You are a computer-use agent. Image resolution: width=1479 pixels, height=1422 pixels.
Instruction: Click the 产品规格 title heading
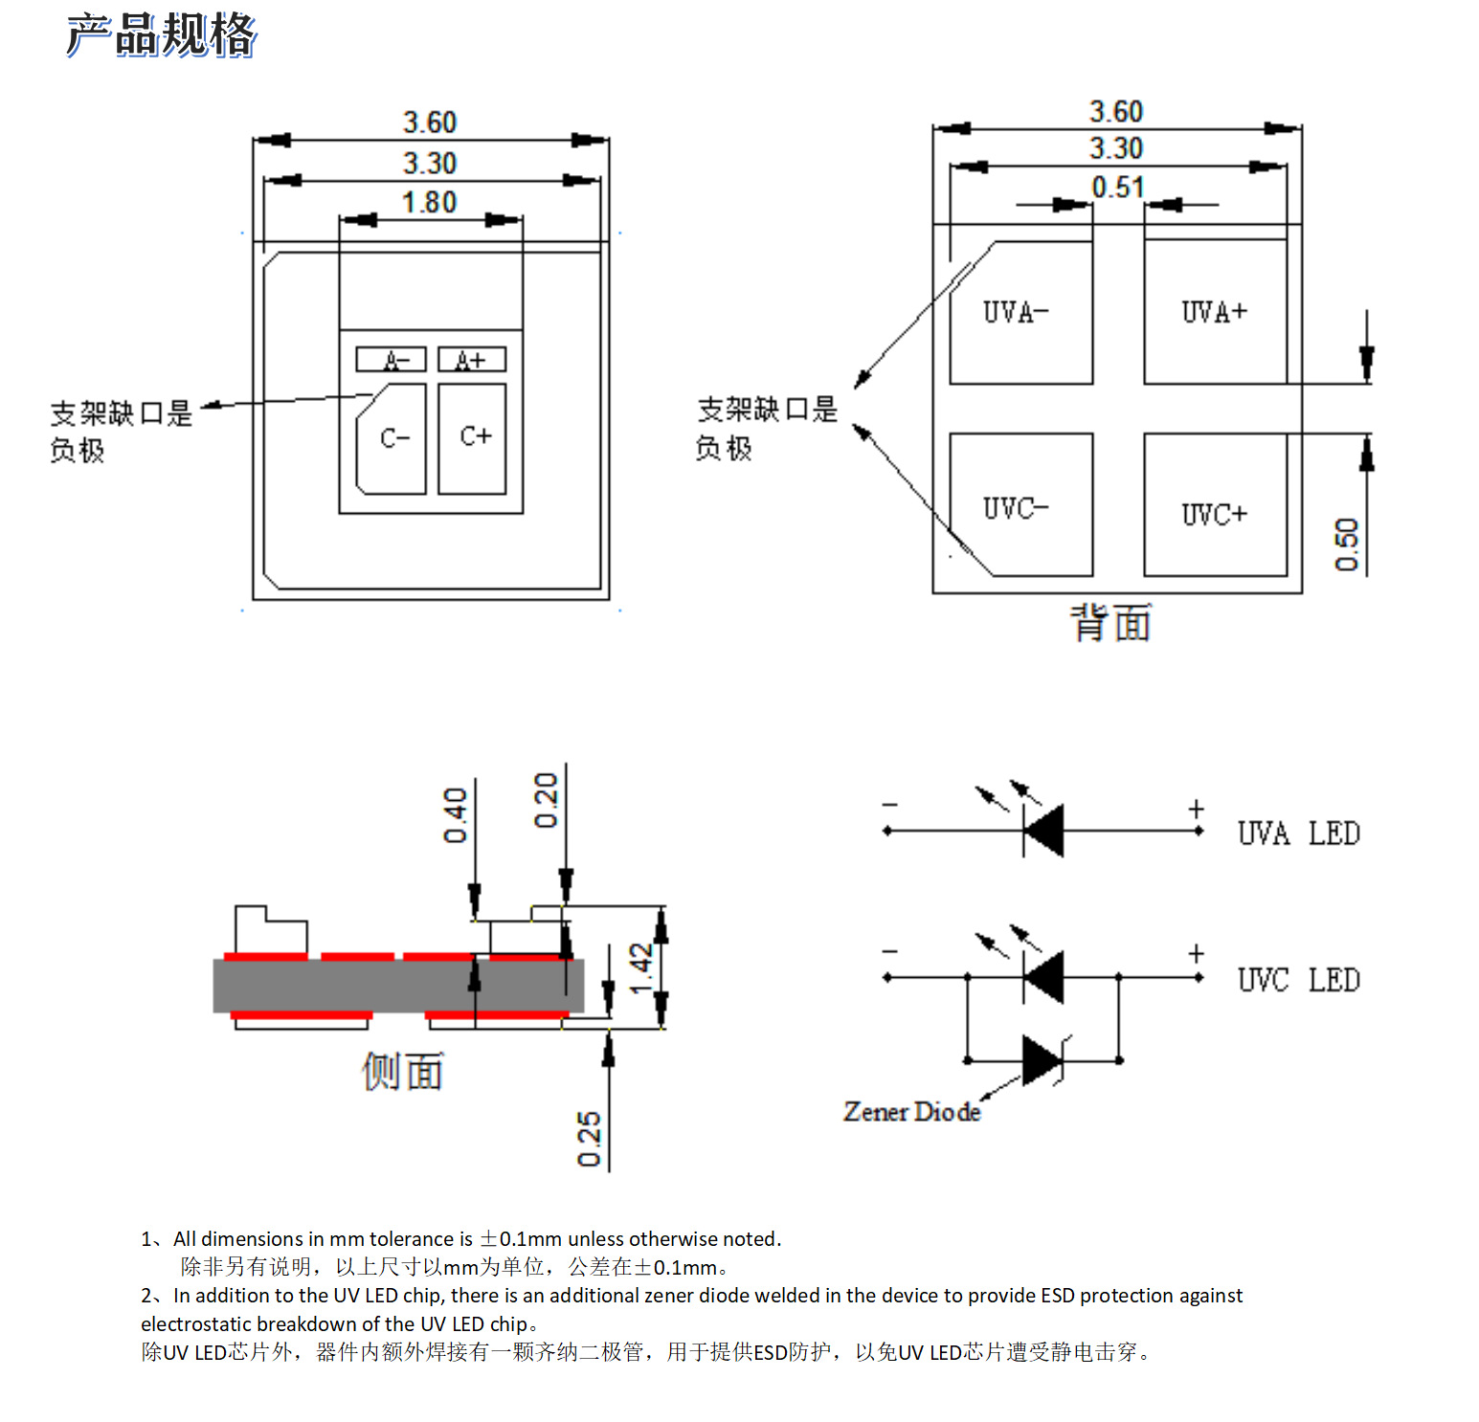pyautogui.click(x=161, y=34)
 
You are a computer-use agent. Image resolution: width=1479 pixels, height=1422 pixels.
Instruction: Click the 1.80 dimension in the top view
pyautogui.click(x=429, y=203)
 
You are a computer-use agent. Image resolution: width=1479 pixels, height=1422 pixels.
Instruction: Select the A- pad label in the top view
pyautogui.click(x=391, y=360)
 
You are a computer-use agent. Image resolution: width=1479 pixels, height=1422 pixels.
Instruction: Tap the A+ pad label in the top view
pyautogui.click(x=471, y=360)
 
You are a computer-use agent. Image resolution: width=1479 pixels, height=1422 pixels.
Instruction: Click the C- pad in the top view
pyautogui.click(x=392, y=439)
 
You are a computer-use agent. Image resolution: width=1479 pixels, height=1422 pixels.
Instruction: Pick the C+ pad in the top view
pyautogui.click(x=472, y=438)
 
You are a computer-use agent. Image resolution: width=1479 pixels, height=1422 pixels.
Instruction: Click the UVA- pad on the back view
pyautogui.click(x=1020, y=313)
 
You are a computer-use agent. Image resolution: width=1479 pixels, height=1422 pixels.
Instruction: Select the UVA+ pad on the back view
pyautogui.click(x=1215, y=312)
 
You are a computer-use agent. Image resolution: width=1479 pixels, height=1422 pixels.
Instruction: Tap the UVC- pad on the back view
pyautogui.click(x=1020, y=506)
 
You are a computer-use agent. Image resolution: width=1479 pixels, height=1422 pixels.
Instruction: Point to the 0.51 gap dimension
pyautogui.click(x=1117, y=188)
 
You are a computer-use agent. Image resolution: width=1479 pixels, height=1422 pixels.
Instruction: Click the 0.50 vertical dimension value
pyautogui.click(x=1347, y=544)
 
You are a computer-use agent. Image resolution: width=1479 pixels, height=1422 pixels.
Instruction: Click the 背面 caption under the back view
pyautogui.click(x=1110, y=623)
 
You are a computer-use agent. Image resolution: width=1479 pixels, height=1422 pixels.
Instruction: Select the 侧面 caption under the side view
pyautogui.click(x=403, y=1072)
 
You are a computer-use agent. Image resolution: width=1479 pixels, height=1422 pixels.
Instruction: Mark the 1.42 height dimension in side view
pyautogui.click(x=640, y=968)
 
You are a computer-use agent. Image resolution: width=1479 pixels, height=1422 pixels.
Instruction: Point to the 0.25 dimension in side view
pyautogui.click(x=589, y=1139)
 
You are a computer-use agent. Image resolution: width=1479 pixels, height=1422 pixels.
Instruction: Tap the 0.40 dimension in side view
pyautogui.click(x=456, y=815)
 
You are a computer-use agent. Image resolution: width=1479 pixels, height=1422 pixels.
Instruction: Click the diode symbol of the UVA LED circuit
pyautogui.click(x=1043, y=831)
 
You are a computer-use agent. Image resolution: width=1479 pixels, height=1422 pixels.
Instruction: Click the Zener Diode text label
pyautogui.click(x=911, y=1112)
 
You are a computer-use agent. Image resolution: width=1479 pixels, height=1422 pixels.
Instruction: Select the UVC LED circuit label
pyautogui.click(x=1298, y=980)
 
